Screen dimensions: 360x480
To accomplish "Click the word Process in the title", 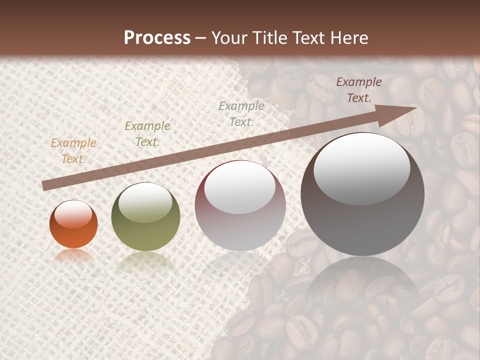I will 157,38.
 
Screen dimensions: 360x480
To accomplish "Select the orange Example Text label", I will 73,151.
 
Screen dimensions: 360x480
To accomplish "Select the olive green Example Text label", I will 147,134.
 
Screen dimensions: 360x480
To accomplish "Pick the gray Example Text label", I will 241,113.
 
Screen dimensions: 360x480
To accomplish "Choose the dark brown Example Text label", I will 358,90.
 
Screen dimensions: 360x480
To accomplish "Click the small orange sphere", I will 73,227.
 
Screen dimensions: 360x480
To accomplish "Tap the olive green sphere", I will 145,220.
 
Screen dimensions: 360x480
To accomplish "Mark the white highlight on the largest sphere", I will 361,168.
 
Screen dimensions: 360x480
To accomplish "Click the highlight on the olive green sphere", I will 145,202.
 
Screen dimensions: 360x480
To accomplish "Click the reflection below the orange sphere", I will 73,256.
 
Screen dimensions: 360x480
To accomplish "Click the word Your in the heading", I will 227,38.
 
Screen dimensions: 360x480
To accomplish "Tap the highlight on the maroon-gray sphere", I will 240,188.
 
